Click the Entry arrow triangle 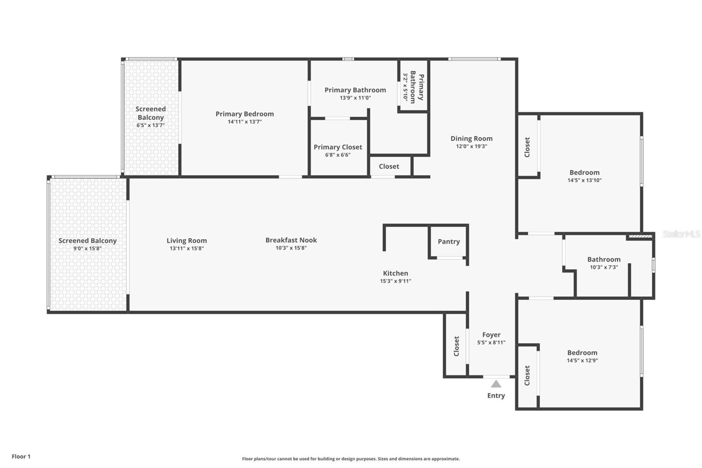(x=496, y=384)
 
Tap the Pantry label (x=449, y=241)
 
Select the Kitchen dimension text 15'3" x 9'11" (x=395, y=281)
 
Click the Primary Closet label (x=338, y=147)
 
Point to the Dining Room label (x=471, y=138)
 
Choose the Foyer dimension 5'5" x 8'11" (x=491, y=342)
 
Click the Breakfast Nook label (x=291, y=240)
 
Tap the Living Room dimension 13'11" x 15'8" (x=187, y=248)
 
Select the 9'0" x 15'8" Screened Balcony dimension (x=87, y=248)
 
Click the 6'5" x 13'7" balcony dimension (x=150, y=125)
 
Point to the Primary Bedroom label (x=245, y=114)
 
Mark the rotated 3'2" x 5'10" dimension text (x=405, y=87)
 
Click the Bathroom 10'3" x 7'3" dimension (x=604, y=267)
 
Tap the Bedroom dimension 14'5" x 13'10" (x=584, y=180)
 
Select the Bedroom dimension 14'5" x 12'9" (x=582, y=360)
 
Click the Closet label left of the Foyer (x=456, y=346)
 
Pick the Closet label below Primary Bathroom (x=389, y=166)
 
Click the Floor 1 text (x=21, y=457)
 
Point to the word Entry (x=496, y=396)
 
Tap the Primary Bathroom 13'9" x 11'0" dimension (x=355, y=98)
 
